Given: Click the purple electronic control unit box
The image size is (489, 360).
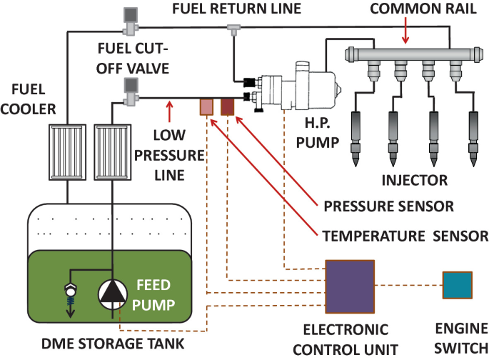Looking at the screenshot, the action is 350,286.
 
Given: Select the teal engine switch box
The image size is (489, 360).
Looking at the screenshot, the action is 458,285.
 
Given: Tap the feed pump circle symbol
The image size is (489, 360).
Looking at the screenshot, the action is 113,294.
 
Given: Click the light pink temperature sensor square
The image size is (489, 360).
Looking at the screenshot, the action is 206,107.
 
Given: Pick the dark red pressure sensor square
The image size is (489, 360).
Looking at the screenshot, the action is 227,107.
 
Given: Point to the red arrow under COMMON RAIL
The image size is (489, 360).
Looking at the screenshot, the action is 405,31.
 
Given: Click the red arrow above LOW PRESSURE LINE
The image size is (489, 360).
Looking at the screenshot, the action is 169,111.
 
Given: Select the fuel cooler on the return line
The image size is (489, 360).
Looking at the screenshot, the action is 67,152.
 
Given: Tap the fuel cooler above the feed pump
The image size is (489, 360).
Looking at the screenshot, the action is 113,152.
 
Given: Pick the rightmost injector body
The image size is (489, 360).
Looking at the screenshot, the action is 473,128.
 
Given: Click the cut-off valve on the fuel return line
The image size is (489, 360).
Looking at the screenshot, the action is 131,21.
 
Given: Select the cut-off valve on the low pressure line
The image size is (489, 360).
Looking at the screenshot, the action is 131,91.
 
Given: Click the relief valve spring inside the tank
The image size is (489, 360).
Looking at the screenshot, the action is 71,301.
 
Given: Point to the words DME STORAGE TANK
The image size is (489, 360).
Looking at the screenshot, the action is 113,344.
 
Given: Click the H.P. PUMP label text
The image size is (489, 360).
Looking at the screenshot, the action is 318,133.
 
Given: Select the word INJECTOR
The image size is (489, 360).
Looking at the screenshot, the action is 415,180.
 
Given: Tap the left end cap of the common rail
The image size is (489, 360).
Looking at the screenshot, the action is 351,54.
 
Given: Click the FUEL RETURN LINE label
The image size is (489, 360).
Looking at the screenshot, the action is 237,9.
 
